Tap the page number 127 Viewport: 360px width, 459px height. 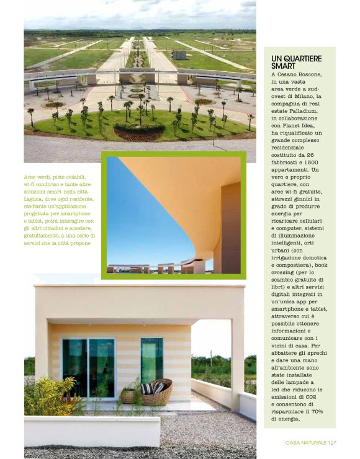click(331, 442)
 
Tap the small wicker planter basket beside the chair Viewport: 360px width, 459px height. click(128, 394)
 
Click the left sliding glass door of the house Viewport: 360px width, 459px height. click(75, 367)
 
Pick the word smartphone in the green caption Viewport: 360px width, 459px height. click(74, 213)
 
